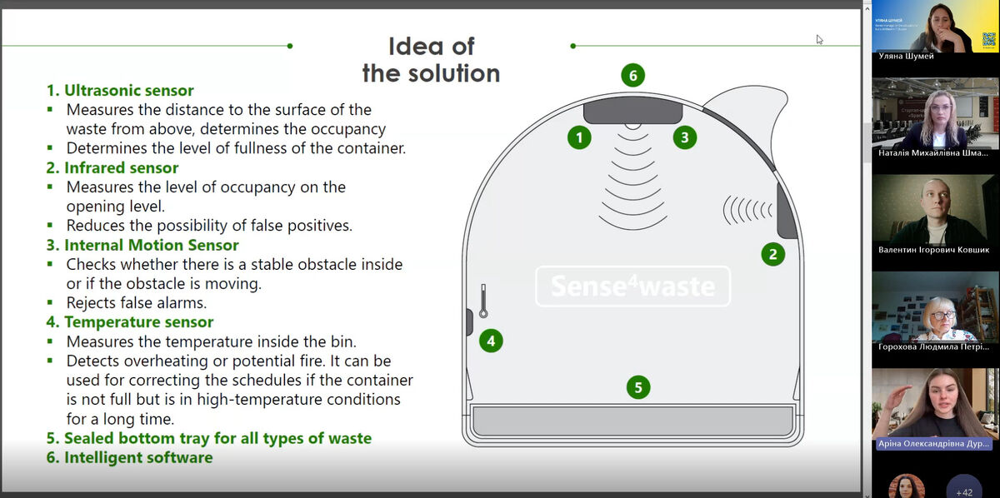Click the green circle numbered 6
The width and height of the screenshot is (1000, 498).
point(632,76)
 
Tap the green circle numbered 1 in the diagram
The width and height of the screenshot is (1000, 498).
point(579,137)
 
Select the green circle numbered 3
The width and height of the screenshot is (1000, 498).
point(685,137)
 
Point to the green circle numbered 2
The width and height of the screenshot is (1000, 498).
point(772,255)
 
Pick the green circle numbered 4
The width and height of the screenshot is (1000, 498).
point(491,340)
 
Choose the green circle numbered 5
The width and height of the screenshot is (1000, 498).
point(638,387)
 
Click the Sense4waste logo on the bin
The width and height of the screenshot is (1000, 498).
point(632,286)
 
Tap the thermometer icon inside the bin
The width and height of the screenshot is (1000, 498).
point(482,299)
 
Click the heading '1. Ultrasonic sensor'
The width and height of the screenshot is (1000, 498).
point(120,91)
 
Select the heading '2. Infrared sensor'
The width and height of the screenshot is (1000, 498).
point(112,167)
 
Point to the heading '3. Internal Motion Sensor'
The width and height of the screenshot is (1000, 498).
point(142,245)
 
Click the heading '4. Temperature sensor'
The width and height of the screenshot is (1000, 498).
point(130,321)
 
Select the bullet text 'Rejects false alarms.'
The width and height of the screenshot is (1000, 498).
point(137,302)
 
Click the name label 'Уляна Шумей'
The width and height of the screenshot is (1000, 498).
point(906,56)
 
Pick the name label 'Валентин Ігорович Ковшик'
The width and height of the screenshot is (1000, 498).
point(933,250)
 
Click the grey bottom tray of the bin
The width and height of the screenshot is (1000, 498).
point(632,421)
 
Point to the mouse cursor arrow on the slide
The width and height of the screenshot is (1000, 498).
point(819,38)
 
